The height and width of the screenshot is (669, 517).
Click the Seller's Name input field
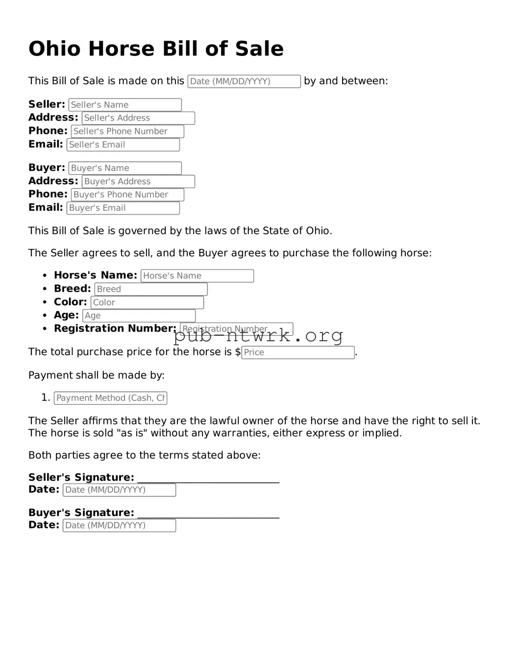click(x=125, y=105)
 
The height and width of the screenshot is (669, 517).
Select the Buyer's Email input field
click(x=123, y=208)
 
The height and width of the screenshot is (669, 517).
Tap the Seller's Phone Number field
click(x=127, y=131)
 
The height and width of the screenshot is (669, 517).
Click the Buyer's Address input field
click(x=138, y=181)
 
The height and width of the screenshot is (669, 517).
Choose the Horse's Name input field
click(x=197, y=276)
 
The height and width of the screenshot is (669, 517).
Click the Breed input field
click(x=151, y=289)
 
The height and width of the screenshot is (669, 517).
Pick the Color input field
click(x=147, y=302)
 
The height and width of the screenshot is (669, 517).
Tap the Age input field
click(x=139, y=316)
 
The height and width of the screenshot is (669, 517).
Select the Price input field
click(x=298, y=352)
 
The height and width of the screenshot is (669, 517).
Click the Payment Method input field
click(x=110, y=398)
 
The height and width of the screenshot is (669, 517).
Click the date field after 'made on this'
click(x=244, y=81)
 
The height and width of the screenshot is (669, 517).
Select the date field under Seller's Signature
click(x=119, y=490)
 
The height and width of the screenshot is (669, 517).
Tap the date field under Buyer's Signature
click(x=119, y=525)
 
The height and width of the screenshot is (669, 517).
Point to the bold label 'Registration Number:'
click(x=115, y=328)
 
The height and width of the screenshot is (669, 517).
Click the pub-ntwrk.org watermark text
click(x=258, y=336)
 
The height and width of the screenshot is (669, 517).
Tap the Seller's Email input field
click(x=123, y=145)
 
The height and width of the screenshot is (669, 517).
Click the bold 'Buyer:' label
click(x=47, y=168)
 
